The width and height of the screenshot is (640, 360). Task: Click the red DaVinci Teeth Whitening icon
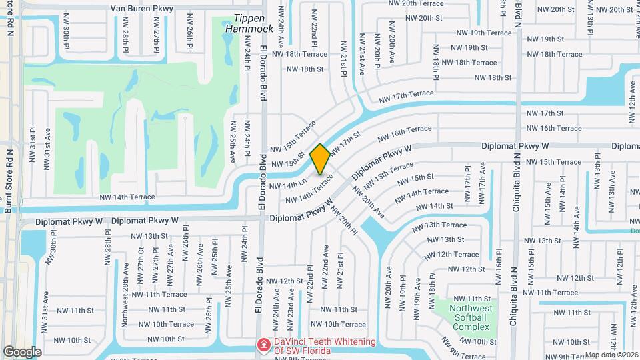pos(264,345)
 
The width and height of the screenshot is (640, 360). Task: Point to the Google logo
pos(22,351)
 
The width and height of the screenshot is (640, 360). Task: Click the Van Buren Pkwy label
pos(141,9)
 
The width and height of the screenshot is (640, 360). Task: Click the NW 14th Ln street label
pos(288,184)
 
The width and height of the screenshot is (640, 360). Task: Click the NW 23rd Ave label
pos(291,302)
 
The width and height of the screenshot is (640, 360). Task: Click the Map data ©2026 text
pos(611,355)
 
